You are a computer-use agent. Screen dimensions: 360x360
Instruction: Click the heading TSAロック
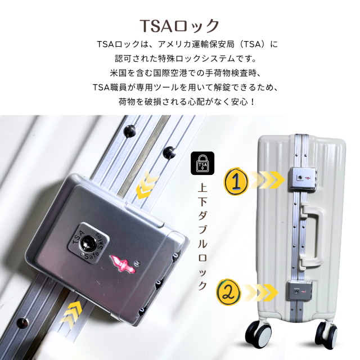click(179, 26)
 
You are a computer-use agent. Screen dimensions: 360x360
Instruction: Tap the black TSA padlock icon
click(202, 163)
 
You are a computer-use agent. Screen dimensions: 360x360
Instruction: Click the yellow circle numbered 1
click(236, 181)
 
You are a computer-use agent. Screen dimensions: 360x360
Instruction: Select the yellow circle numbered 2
click(229, 292)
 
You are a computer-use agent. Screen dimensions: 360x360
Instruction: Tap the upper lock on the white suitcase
click(303, 179)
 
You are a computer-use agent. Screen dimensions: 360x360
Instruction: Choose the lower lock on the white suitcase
click(299, 291)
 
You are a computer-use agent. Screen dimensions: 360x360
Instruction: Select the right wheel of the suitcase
click(327, 333)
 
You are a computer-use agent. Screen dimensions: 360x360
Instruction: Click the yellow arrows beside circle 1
click(267, 180)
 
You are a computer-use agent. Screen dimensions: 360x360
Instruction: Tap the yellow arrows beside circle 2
click(260, 292)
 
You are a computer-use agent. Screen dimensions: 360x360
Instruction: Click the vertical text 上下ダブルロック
click(202, 236)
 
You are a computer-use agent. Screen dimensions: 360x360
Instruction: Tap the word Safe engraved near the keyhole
click(92, 255)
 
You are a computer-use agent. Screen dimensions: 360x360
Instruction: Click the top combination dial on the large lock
click(176, 255)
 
